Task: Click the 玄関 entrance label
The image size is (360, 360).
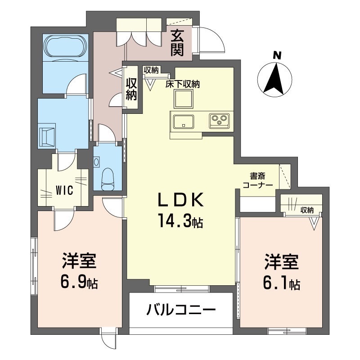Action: click(177, 44)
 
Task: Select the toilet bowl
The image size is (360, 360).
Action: click(108, 179)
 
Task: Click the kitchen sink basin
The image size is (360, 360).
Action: click(184, 121)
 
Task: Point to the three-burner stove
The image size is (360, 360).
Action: click(219, 121)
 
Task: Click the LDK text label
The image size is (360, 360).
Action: click(181, 200)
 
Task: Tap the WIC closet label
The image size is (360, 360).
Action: click(64, 190)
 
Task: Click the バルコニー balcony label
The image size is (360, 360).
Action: click(181, 310)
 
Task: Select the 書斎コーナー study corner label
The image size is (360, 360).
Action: click(257, 180)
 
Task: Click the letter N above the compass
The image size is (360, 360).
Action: click(277, 56)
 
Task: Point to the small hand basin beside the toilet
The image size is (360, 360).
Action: click(96, 162)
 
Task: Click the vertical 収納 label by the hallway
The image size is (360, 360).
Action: click(131, 89)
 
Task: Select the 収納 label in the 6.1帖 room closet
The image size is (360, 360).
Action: click(307, 210)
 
